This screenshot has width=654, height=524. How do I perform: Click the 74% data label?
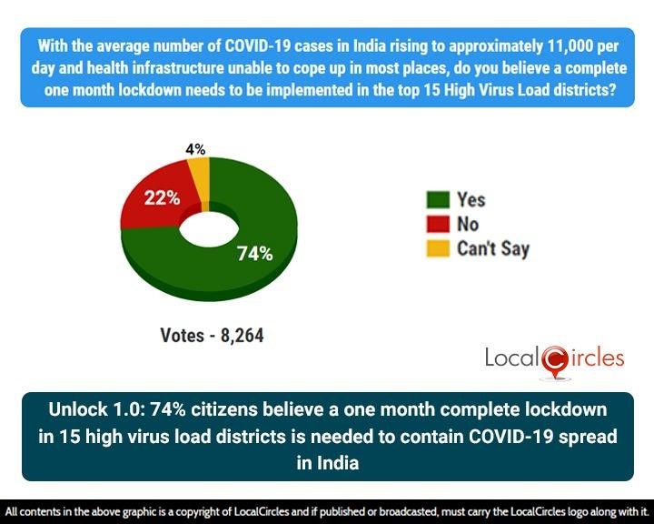[255, 254]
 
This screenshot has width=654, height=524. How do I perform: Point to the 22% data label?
[161, 196]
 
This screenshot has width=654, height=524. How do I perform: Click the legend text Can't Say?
[493, 247]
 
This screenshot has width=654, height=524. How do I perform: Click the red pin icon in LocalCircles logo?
[554, 361]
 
